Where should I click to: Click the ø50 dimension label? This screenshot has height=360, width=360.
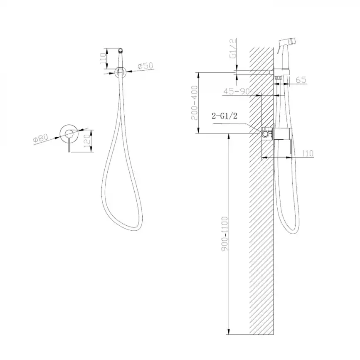click(146, 66)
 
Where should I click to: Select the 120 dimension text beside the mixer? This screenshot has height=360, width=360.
click(87, 141)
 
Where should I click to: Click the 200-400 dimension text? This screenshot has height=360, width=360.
click(194, 103)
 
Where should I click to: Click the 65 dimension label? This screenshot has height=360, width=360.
click(301, 80)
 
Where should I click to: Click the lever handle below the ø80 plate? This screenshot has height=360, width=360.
click(69, 146)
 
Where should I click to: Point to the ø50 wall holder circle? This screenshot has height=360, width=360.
click(121, 72)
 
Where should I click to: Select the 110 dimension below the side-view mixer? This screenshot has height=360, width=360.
click(307, 154)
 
